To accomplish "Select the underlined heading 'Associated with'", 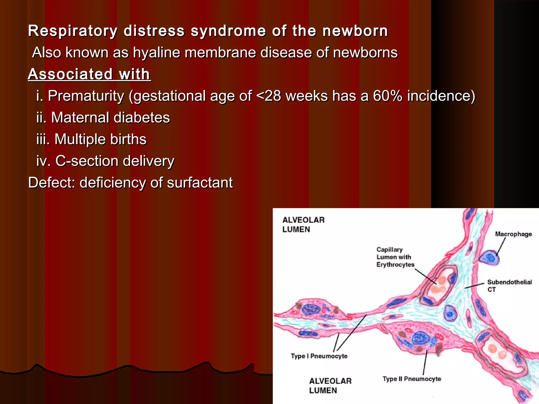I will [89, 74].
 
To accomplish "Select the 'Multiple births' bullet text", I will [100, 139].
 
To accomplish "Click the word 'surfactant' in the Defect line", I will [200, 183].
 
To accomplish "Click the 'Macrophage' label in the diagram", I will [513, 234].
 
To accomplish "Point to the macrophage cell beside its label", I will [489, 258].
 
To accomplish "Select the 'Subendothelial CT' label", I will [509, 286].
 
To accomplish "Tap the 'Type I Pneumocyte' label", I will [319, 356].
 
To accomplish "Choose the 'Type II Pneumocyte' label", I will [412, 379].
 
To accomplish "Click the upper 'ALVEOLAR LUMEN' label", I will [303, 225].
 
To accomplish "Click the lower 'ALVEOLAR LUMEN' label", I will [330, 386].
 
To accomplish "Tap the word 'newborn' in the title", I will [355, 31].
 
